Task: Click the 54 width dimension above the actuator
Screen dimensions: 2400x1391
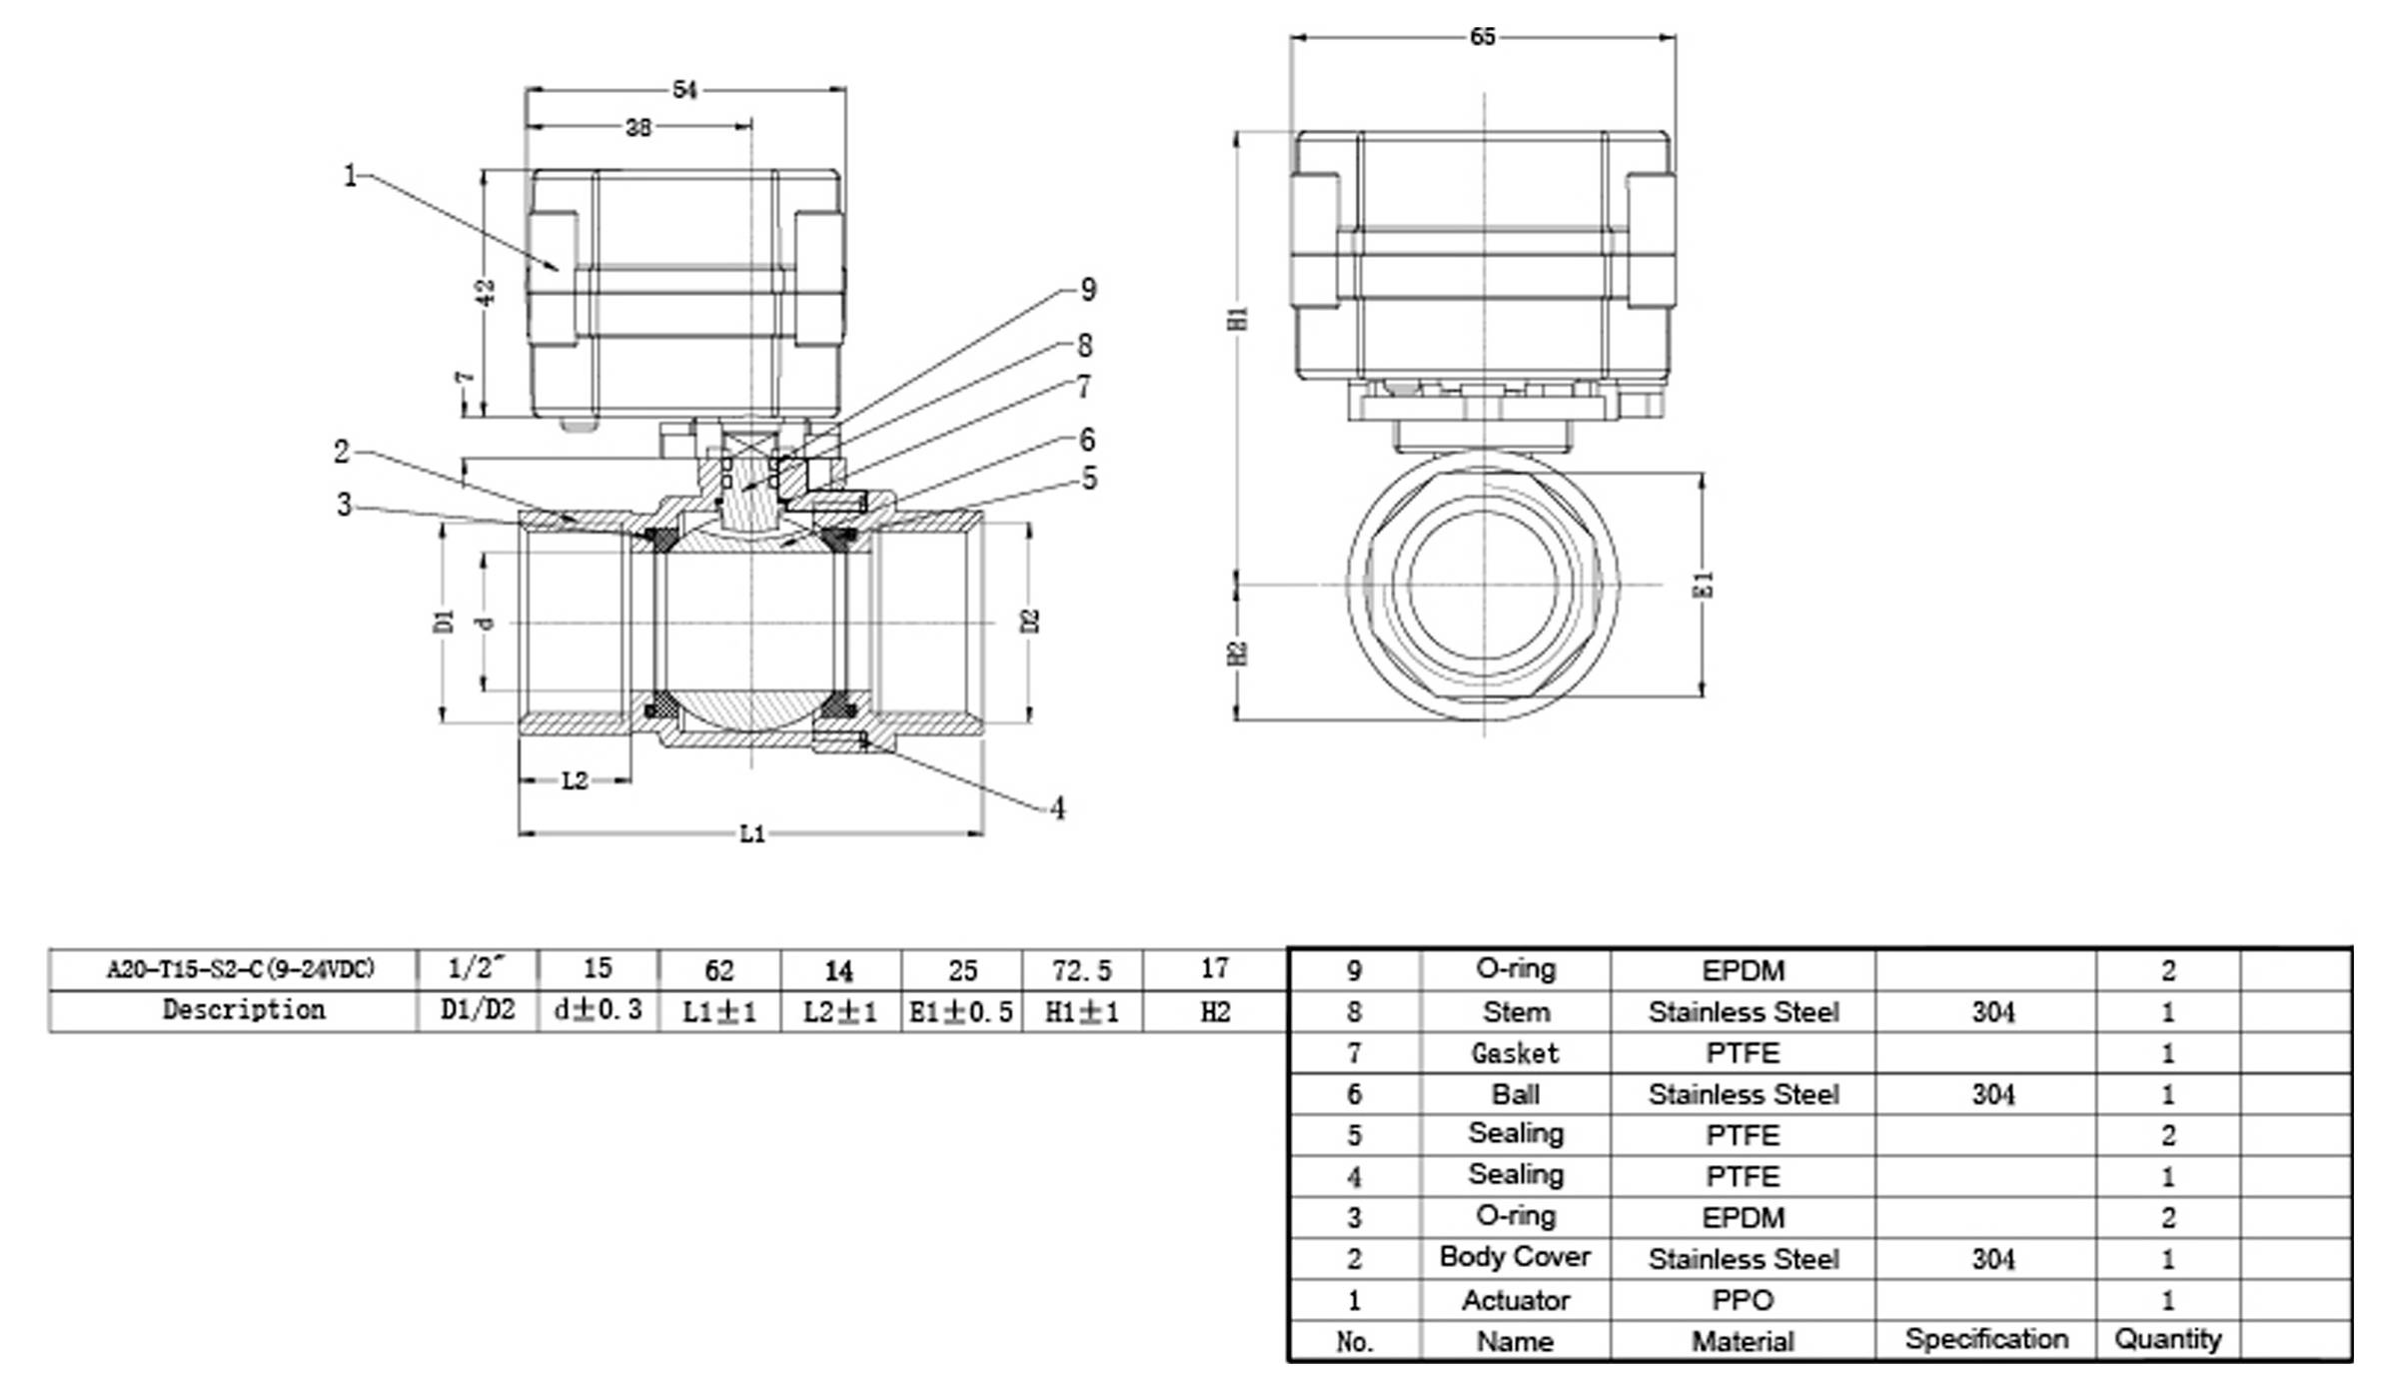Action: (x=684, y=90)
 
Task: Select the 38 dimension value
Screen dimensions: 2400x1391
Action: (x=638, y=127)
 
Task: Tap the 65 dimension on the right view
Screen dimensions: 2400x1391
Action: (x=1483, y=37)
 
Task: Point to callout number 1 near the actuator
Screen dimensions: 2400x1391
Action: (x=350, y=176)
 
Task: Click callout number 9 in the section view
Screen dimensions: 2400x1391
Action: (x=1089, y=290)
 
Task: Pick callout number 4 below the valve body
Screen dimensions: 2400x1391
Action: (x=1058, y=807)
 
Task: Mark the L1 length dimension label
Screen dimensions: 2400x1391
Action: (x=752, y=833)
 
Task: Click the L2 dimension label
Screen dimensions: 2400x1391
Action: (x=575, y=780)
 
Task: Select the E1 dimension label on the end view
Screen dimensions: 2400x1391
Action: (x=1705, y=585)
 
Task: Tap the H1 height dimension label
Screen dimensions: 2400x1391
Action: (x=1239, y=318)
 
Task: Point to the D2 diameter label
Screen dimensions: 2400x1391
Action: (x=1031, y=621)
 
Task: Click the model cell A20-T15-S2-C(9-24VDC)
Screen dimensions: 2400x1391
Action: (x=241, y=969)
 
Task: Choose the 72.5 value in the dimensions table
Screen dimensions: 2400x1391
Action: (x=1082, y=970)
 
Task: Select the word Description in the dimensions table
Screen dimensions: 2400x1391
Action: (x=244, y=1010)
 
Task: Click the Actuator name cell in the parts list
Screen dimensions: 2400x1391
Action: (x=1516, y=1300)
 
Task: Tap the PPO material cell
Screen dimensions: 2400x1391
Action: (x=1743, y=1300)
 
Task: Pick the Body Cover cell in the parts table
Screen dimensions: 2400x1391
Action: (x=1515, y=1257)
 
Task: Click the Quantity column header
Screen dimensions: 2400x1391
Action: (x=2167, y=1339)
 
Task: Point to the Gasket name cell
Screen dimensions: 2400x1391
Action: (x=1515, y=1053)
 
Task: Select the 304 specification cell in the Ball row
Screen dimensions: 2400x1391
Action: (x=1992, y=1094)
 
